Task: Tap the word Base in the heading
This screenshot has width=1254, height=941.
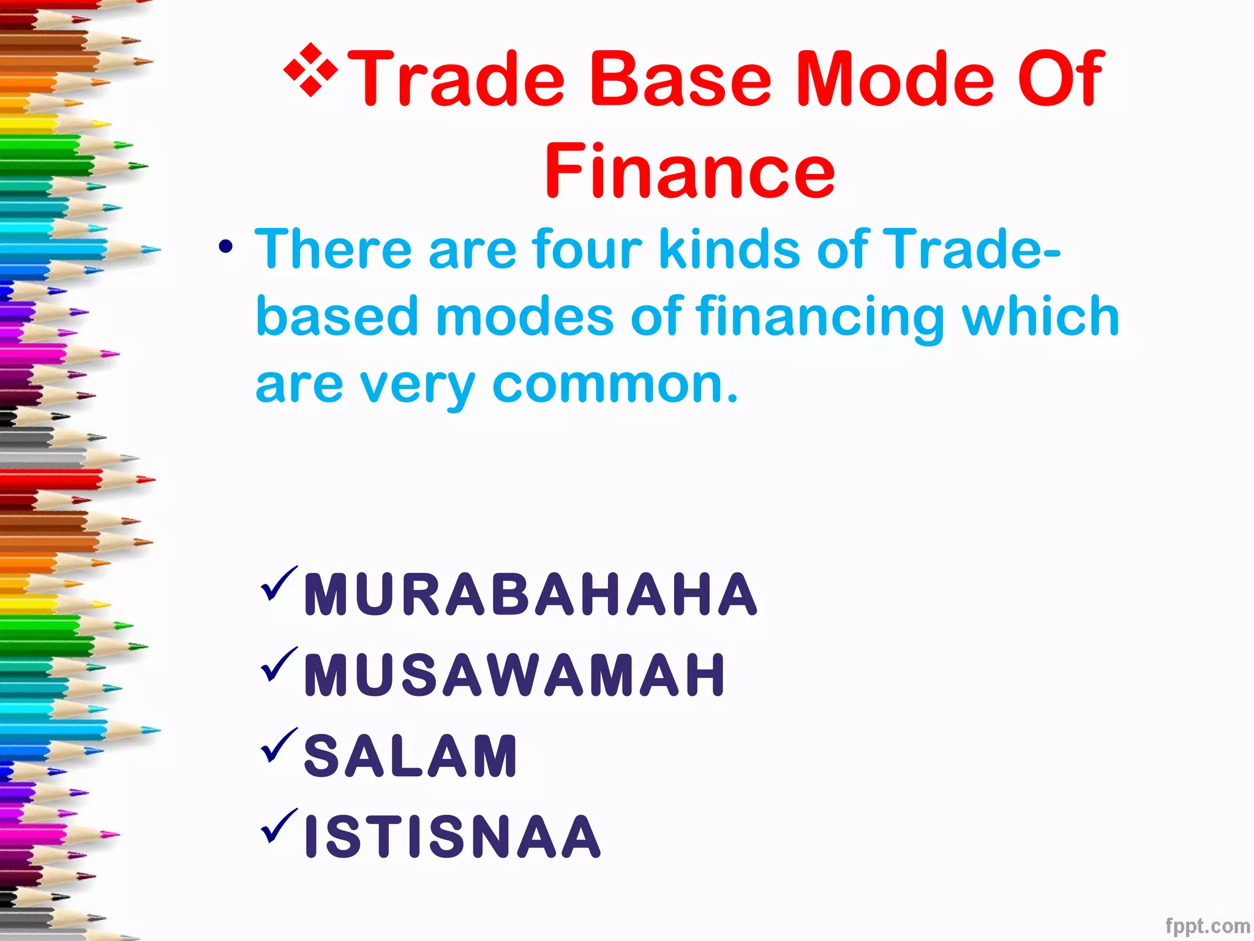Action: (x=680, y=80)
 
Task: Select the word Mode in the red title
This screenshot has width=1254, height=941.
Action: (x=895, y=80)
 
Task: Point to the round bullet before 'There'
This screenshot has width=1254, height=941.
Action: (x=226, y=248)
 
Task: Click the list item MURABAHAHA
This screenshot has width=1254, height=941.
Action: (x=530, y=594)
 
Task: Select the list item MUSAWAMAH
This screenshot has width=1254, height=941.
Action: (x=514, y=675)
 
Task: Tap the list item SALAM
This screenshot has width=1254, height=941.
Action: (x=411, y=756)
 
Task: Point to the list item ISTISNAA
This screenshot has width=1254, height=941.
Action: (x=452, y=836)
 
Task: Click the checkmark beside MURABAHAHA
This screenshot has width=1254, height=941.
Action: (x=279, y=583)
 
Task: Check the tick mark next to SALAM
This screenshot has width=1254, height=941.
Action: (x=279, y=745)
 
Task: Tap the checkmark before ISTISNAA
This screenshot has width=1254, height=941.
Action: (x=279, y=826)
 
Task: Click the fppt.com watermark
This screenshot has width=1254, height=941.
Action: (x=1207, y=925)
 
